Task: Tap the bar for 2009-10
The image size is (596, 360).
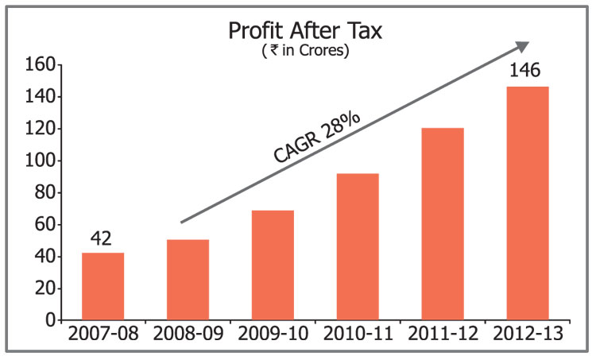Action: tap(273, 265)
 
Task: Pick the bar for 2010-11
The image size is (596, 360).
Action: tap(358, 247)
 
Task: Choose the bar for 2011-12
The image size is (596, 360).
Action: tap(443, 224)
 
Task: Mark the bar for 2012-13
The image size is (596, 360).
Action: tap(528, 203)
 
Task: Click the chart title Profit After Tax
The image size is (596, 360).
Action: tap(305, 31)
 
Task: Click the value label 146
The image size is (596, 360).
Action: tap(524, 71)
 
